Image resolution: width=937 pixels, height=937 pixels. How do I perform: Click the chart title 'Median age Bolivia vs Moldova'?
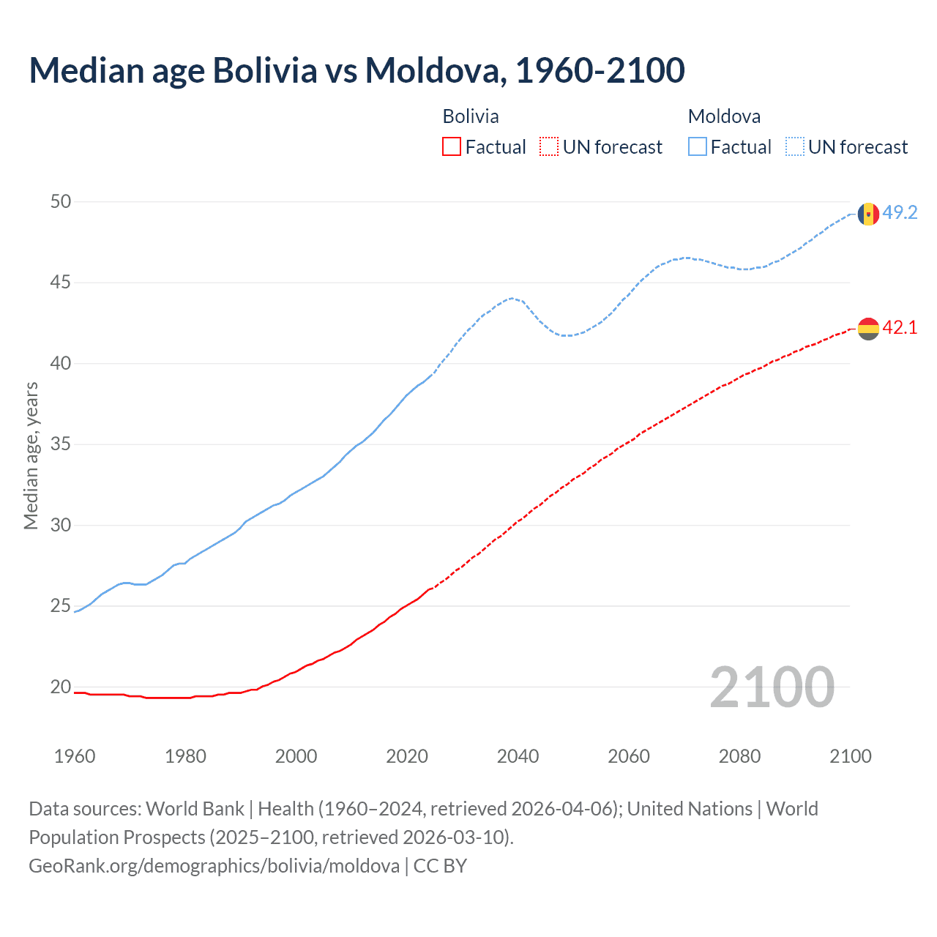(x=356, y=70)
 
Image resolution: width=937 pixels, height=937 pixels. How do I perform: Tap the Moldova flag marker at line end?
(x=868, y=214)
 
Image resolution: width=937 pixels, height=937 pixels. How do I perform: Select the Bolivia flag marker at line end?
(x=868, y=329)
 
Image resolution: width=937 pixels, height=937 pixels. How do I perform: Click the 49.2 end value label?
(x=900, y=213)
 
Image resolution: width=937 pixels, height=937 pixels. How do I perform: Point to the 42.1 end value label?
(x=900, y=328)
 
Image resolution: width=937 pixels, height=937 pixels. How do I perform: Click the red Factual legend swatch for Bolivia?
(x=452, y=147)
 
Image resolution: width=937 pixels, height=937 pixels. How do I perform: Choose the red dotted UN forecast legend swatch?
(x=549, y=147)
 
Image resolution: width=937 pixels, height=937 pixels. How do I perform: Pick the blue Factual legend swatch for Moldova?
(x=698, y=147)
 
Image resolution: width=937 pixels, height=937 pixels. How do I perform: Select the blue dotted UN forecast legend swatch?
(x=794, y=147)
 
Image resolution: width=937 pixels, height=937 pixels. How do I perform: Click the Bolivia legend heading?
(x=471, y=116)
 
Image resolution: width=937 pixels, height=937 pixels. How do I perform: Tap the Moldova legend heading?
(x=724, y=116)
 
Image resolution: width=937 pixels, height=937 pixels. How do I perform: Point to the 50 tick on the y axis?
(x=61, y=201)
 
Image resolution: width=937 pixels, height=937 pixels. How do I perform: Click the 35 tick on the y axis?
(x=61, y=444)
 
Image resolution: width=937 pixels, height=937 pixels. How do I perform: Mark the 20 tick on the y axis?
(x=61, y=687)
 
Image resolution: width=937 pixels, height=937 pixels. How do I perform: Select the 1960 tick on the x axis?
(x=75, y=756)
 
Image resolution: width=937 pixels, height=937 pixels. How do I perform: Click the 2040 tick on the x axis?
(x=518, y=756)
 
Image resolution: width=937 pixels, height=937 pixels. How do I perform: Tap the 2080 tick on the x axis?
(x=739, y=756)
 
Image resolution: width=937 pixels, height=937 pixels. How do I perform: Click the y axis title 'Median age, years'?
(x=31, y=455)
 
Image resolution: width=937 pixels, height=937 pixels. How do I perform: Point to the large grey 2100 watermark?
(x=772, y=687)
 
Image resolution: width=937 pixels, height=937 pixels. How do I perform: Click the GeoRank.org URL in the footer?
(x=214, y=866)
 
